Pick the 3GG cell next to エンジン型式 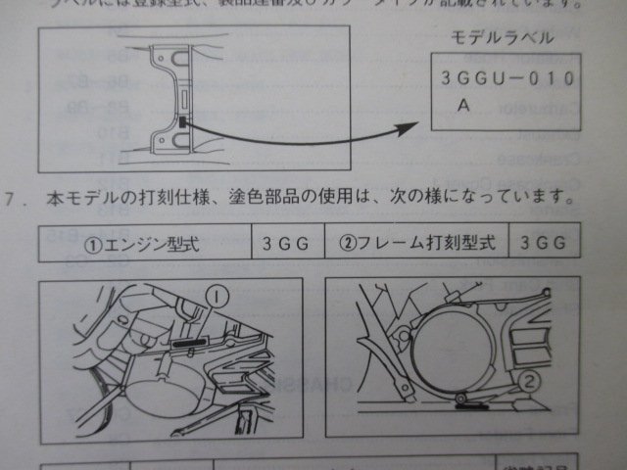pyautogui.click(x=285, y=244)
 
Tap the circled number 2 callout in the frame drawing pyautogui.click(x=530, y=380)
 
